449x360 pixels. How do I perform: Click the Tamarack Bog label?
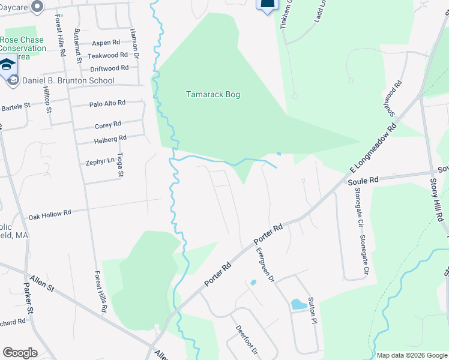pos(213,95)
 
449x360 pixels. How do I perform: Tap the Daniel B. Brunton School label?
pos(68,80)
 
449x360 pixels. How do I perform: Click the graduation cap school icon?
pos(8,64)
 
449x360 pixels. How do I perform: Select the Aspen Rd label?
pos(106,43)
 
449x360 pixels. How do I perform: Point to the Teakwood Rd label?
pos(108,55)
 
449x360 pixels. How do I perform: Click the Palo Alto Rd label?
pos(107,103)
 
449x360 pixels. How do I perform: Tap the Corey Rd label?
pos(108,125)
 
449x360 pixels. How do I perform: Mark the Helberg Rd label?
pos(110,139)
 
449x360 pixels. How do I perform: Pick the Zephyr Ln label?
pos(100,161)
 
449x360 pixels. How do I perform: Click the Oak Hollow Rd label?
pos(50,213)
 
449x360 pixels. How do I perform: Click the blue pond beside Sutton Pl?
pos(298,305)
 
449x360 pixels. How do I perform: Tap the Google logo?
pos(20,353)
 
